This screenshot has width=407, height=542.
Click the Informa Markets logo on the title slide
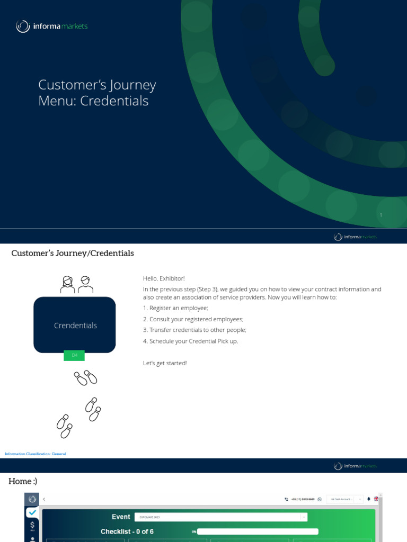point(51,26)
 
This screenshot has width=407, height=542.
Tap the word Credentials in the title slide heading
point(114,101)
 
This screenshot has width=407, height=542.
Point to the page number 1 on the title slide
point(381,215)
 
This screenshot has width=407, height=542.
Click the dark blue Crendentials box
point(75,325)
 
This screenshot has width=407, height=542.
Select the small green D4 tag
point(74,356)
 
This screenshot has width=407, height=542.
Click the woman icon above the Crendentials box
point(68,284)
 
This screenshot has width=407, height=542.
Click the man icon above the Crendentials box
point(85,284)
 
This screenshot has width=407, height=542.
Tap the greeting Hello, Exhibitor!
point(164,278)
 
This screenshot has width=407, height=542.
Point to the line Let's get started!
point(165,363)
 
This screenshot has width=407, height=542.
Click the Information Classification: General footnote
point(36,454)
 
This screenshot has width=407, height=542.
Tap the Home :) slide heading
point(23,481)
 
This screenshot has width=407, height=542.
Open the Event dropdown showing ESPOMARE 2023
point(220,517)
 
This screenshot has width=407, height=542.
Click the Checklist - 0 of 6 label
point(127,531)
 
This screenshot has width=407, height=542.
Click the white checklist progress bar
point(258,531)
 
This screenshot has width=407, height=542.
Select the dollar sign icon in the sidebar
point(32,526)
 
